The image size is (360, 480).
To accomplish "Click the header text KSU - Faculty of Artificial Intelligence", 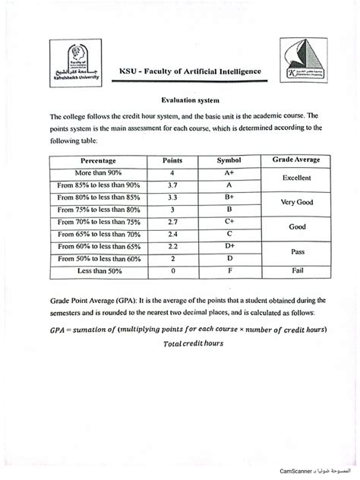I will point(190,71).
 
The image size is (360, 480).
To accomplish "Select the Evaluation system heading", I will point(189,99).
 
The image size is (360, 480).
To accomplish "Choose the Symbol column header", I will point(229,161).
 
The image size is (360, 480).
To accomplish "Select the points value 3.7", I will point(173,185).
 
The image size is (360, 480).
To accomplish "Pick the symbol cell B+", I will point(229,196).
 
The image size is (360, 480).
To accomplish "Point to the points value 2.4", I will point(173,234).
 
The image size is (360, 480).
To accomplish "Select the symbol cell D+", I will point(229,246).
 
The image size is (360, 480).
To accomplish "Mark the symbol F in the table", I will point(229,270).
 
